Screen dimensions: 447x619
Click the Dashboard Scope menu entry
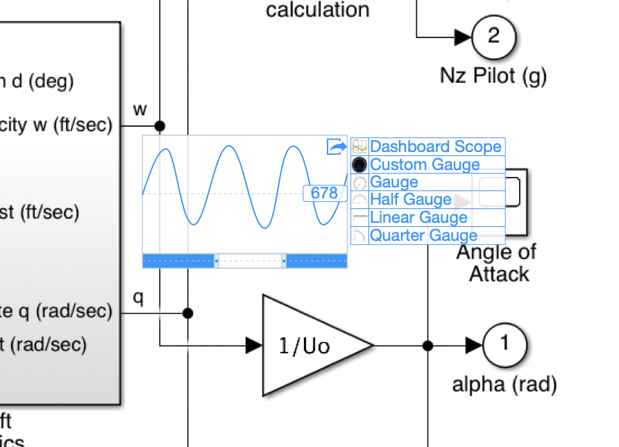click(435, 146)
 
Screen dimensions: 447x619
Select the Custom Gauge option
click(424, 165)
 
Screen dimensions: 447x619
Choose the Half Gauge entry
click(410, 200)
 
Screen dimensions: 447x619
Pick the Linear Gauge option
click(418, 218)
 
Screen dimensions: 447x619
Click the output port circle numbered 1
click(505, 344)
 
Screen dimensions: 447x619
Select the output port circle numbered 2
click(493, 35)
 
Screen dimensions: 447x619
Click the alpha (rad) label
click(504, 384)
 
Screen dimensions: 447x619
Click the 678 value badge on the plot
click(324, 193)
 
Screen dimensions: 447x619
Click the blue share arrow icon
click(337, 146)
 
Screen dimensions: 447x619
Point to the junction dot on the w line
click(160, 126)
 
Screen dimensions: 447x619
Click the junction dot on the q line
click(187, 313)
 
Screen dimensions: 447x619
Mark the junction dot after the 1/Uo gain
click(427, 345)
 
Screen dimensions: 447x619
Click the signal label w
click(140, 109)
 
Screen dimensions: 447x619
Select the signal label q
click(139, 297)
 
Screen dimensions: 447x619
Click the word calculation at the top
click(318, 10)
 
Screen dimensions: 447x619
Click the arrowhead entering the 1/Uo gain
click(254, 345)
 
